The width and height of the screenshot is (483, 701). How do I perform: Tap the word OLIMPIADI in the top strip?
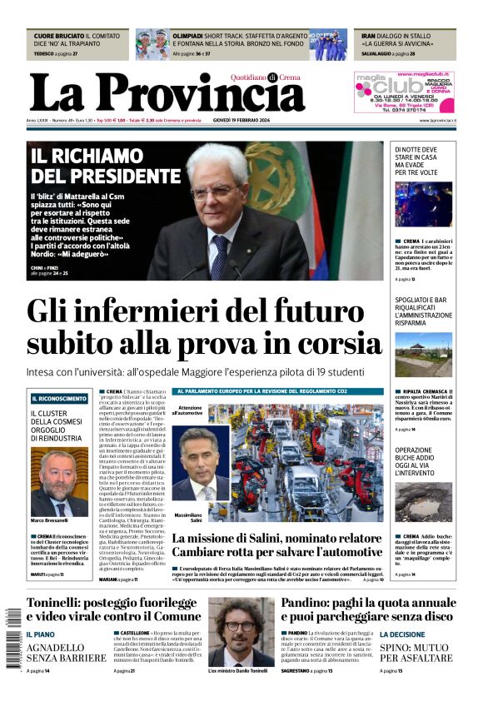(x=188, y=37)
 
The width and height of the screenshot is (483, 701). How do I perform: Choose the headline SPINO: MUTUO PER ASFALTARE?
(x=415, y=652)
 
